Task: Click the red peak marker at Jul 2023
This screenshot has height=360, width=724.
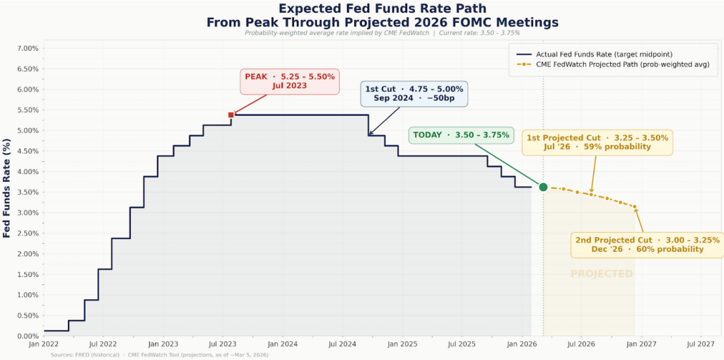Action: tap(231, 115)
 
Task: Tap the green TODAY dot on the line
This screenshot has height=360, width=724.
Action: tap(543, 187)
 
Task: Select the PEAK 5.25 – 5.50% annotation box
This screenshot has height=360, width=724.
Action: tap(290, 81)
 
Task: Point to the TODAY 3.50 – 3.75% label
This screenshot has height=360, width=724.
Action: tap(460, 134)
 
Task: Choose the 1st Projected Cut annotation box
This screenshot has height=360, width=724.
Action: tap(597, 141)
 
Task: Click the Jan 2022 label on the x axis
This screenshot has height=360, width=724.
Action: tap(44, 344)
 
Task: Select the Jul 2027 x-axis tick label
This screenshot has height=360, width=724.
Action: tap(700, 344)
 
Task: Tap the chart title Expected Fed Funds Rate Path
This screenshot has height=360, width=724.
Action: tap(382, 8)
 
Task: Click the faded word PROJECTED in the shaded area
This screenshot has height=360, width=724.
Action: tap(601, 274)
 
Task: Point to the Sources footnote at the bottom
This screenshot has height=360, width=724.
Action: tap(159, 354)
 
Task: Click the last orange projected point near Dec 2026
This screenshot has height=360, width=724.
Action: tap(635, 207)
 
